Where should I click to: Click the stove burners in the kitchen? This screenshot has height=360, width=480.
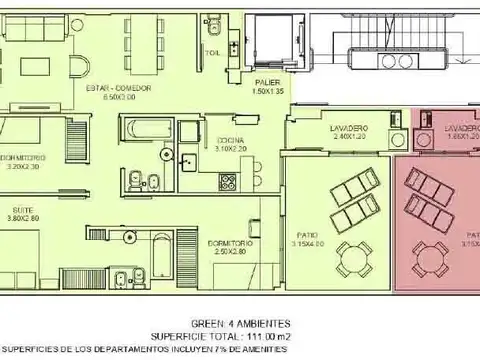226,183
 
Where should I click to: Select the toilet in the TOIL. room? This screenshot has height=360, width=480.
212,23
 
